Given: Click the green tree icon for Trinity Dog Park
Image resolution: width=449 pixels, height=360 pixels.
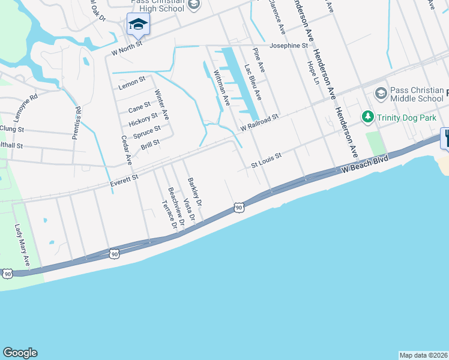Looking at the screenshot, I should (367, 116).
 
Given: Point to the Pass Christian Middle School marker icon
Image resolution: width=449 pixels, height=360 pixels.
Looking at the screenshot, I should (380, 94).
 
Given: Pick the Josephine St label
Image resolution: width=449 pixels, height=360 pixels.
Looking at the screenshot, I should (288, 46).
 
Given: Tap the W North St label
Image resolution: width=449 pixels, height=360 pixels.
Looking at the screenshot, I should (127, 48).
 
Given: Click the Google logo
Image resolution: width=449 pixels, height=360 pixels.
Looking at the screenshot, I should (20, 353).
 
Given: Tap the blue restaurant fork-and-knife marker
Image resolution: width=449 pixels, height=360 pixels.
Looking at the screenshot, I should (446, 138).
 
